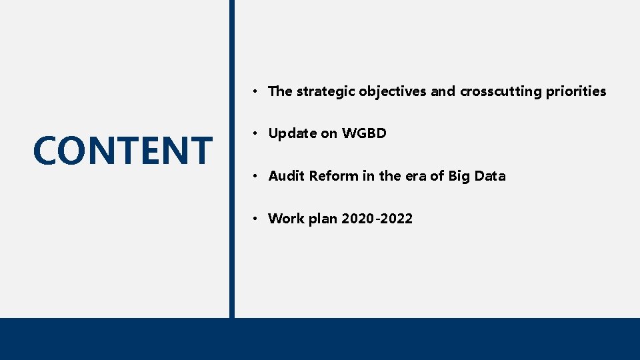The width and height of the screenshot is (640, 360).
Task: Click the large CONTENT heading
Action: [122, 150]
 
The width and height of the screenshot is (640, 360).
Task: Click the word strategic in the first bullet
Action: [325, 91]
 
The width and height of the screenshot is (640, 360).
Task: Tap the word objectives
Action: [393, 91]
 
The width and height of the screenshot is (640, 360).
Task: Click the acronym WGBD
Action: [364, 133]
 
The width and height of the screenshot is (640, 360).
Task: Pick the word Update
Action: [292, 133]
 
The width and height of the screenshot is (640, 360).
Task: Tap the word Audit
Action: [287, 176]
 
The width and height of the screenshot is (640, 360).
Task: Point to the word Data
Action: [490, 176]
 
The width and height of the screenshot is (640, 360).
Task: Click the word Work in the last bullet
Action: [285, 219]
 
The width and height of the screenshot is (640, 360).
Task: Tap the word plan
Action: [323, 219]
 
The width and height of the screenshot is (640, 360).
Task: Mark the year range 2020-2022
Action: [377, 219]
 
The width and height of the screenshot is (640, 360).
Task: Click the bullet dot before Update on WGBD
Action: [257, 134]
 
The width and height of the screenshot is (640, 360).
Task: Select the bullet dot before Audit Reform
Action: [257, 177]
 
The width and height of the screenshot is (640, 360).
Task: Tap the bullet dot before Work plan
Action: [257, 219]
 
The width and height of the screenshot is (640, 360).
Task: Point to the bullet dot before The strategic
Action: [257, 92]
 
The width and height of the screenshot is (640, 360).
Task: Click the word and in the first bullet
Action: [443, 91]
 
